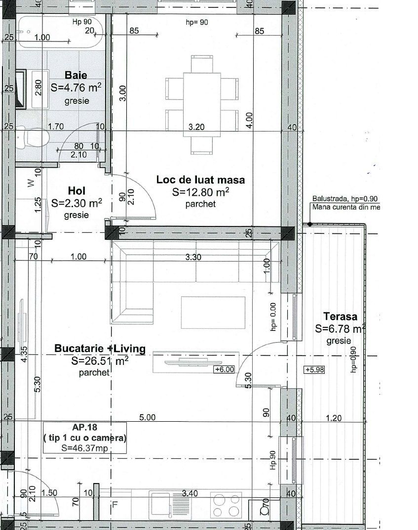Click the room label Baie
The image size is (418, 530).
click(76, 75)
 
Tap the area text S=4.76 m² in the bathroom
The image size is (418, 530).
click(76, 88)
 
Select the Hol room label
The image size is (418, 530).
click(77, 191)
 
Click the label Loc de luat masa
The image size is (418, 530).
click(200, 179)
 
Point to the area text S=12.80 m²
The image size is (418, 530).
click(200, 192)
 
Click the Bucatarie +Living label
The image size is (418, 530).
click(100, 349)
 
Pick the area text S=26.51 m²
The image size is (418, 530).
click(100, 361)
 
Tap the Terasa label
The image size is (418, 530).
click(340, 316)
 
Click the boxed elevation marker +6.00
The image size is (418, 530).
click(223, 369)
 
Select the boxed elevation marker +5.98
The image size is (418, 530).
click(314, 369)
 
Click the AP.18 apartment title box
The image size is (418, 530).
click(84, 438)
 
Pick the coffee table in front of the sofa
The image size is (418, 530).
click(213, 312)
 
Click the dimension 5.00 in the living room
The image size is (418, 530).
click(147, 417)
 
